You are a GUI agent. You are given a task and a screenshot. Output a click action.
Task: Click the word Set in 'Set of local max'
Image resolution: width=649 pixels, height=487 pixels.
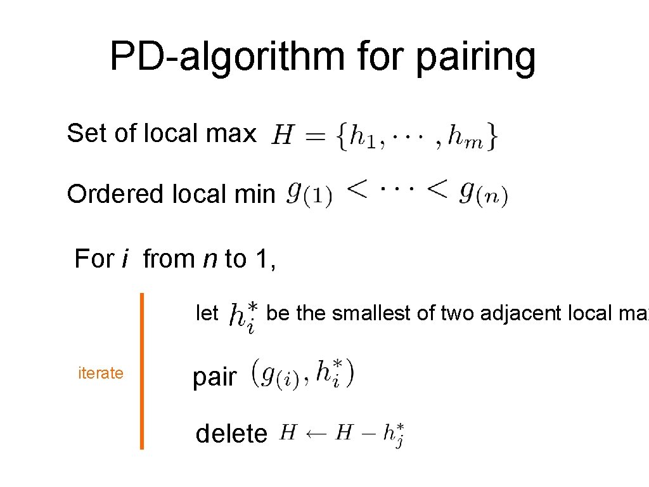click(x=86, y=133)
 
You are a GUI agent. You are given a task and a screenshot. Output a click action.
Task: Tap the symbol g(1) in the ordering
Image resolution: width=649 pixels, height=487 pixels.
click(x=309, y=193)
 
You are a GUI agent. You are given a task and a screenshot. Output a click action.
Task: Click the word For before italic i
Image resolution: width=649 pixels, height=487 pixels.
click(x=94, y=259)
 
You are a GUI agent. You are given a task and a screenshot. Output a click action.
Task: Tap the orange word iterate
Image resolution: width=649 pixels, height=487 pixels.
click(x=100, y=373)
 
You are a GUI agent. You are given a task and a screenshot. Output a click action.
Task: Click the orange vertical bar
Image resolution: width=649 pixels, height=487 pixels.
click(x=141, y=370)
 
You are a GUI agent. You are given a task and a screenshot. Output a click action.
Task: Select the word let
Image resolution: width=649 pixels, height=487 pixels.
click(x=207, y=313)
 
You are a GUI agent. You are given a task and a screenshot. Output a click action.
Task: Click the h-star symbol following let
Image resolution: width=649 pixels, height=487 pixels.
click(x=243, y=316)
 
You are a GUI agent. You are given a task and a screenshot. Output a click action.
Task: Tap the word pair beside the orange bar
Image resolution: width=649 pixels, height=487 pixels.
click(x=214, y=377)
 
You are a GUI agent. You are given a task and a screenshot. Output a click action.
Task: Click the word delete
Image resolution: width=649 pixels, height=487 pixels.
click(x=231, y=434)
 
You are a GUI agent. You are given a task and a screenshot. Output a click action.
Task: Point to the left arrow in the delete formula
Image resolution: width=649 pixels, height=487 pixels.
click(x=317, y=434)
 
